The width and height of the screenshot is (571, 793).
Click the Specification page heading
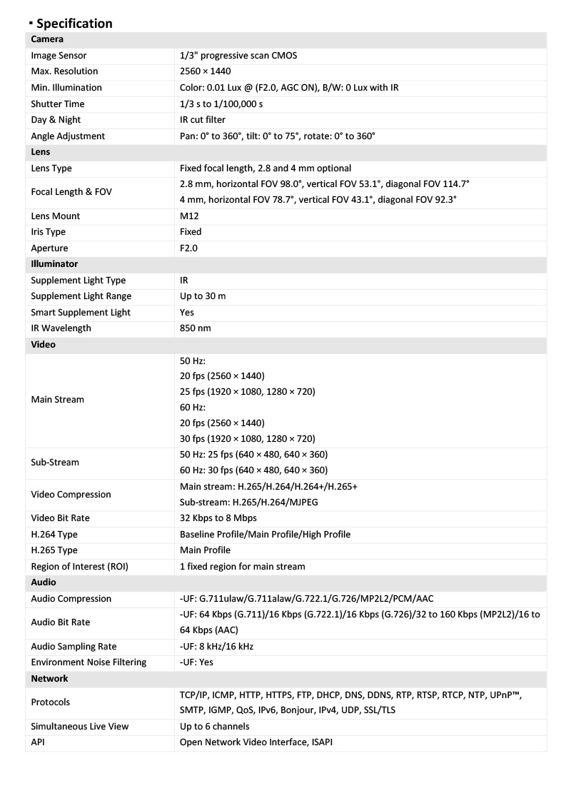pos(74,24)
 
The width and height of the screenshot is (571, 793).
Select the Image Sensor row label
pos(59,55)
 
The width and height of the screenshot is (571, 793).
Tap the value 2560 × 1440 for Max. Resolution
pos(205,71)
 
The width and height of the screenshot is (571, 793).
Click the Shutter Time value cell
pos(221,103)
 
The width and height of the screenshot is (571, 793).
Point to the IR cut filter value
pos(203,120)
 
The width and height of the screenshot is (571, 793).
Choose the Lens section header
pos(41,152)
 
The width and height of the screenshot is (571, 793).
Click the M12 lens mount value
pos(191,216)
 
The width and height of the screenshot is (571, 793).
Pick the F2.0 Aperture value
pos(189,248)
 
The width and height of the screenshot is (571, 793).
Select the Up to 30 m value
pos(203,296)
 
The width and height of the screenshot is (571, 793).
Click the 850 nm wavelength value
pos(196,328)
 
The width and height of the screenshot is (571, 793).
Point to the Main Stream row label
pos(57,400)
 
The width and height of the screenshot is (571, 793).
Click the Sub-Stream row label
pos(55,462)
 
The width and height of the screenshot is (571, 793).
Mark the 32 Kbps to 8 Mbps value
pos(218,518)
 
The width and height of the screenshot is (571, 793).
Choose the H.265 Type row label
pos(54,550)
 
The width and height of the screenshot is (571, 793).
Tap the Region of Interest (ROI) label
pos(79,567)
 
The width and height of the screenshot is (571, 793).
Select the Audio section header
pos(44,582)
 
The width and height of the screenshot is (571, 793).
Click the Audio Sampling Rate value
pos(216,647)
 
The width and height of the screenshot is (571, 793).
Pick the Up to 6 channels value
pos(214,727)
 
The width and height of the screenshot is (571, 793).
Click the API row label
pos(39,742)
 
